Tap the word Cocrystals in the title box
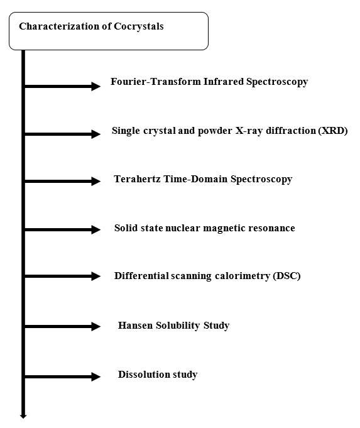(139, 26)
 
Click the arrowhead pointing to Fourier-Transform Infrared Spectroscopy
(95, 86)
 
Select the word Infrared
(224, 81)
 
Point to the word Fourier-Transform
(156, 81)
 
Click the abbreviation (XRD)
(333, 131)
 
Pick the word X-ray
(249, 131)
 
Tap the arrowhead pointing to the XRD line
(95, 134)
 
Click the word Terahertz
(137, 179)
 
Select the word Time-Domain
(195, 179)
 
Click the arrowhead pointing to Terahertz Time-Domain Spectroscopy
(95, 181)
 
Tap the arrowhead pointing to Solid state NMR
(95, 229)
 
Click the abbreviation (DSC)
(286, 276)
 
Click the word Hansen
(135, 326)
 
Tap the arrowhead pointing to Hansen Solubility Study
(95, 326)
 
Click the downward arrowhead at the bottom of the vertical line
(23, 416)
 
